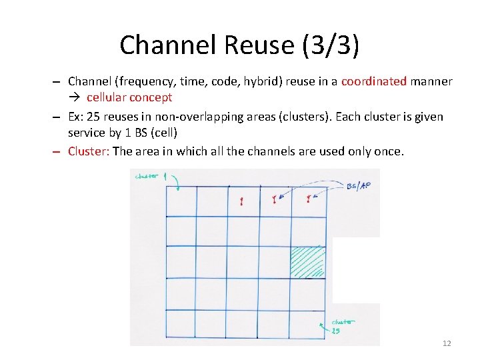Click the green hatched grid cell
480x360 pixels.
[x=308, y=262]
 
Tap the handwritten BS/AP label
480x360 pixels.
[x=359, y=186]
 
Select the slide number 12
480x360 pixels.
[x=447, y=343]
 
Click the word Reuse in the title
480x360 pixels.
[x=260, y=45]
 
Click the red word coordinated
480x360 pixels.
[x=373, y=81]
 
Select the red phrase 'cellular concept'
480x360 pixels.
[x=129, y=97]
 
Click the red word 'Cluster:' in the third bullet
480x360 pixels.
[x=89, y=151]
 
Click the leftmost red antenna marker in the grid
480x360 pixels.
[x=241, y=201]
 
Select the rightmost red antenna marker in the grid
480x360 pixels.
[x=308, y=199]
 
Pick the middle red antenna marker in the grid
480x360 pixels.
[x=274, y=199]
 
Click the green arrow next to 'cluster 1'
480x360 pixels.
[x=177, y=182]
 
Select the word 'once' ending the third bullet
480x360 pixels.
[x=389, y=151]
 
